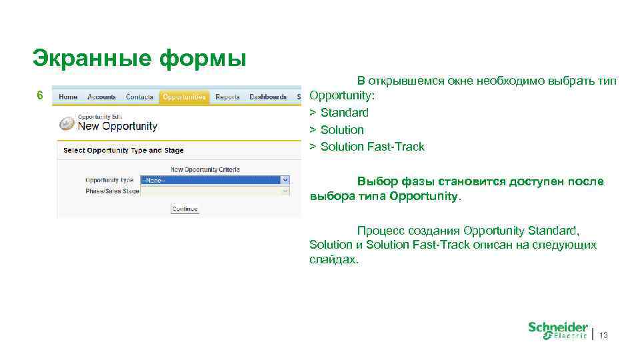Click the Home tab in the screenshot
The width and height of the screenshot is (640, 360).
(x=68, y=97)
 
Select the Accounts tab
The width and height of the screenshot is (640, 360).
(x=101, y=97)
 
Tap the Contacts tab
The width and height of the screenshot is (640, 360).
(x=139, y=97)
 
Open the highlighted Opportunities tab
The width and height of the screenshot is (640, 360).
(x=183, y=97)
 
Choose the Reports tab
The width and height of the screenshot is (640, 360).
(x=227, y=97)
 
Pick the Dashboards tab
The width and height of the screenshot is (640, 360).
(x=268, y=97)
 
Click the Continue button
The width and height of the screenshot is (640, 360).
(x=185, y=209)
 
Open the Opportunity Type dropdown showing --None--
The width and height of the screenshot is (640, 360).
(x=215, y=180)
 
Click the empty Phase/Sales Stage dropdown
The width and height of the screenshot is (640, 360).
(x=215, y=191)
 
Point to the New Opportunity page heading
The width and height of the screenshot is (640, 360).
(x=118, y=126)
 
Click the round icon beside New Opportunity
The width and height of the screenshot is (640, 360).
(x=67, y=123)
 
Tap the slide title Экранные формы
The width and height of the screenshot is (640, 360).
(x=139, y=58)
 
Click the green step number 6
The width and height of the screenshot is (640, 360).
(x=40, y=95)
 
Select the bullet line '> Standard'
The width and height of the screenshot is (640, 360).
(x=339, y=113)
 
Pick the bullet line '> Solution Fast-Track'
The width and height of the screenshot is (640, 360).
(x=367, y=147)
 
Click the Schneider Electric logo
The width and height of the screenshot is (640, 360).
(x=557, y=331)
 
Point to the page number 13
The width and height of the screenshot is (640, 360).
(x=603, y=335)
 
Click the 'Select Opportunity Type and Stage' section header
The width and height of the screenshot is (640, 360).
(x=123, y=151)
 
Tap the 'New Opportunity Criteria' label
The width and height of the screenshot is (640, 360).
(x=205, y=169)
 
